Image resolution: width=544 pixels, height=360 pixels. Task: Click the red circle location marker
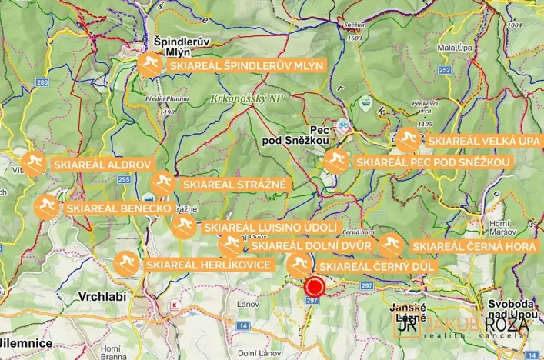[314, 288]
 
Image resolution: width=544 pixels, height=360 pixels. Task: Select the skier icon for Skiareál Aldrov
[32, 164]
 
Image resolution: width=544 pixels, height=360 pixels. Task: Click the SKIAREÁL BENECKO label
[118, 208]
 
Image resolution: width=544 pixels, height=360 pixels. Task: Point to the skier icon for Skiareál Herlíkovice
[126, 265]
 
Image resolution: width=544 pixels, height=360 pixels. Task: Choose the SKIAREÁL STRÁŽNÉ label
[234, 185]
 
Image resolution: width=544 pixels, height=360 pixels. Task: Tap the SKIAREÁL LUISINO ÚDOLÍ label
[270, 228]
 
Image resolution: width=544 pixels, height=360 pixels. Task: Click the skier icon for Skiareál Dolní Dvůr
[230, 245]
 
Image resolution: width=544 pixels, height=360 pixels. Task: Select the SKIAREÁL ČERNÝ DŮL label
[377, 266]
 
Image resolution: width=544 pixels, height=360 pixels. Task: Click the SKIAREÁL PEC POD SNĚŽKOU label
[433, 163]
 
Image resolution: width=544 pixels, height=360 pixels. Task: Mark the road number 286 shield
[42, 82]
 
